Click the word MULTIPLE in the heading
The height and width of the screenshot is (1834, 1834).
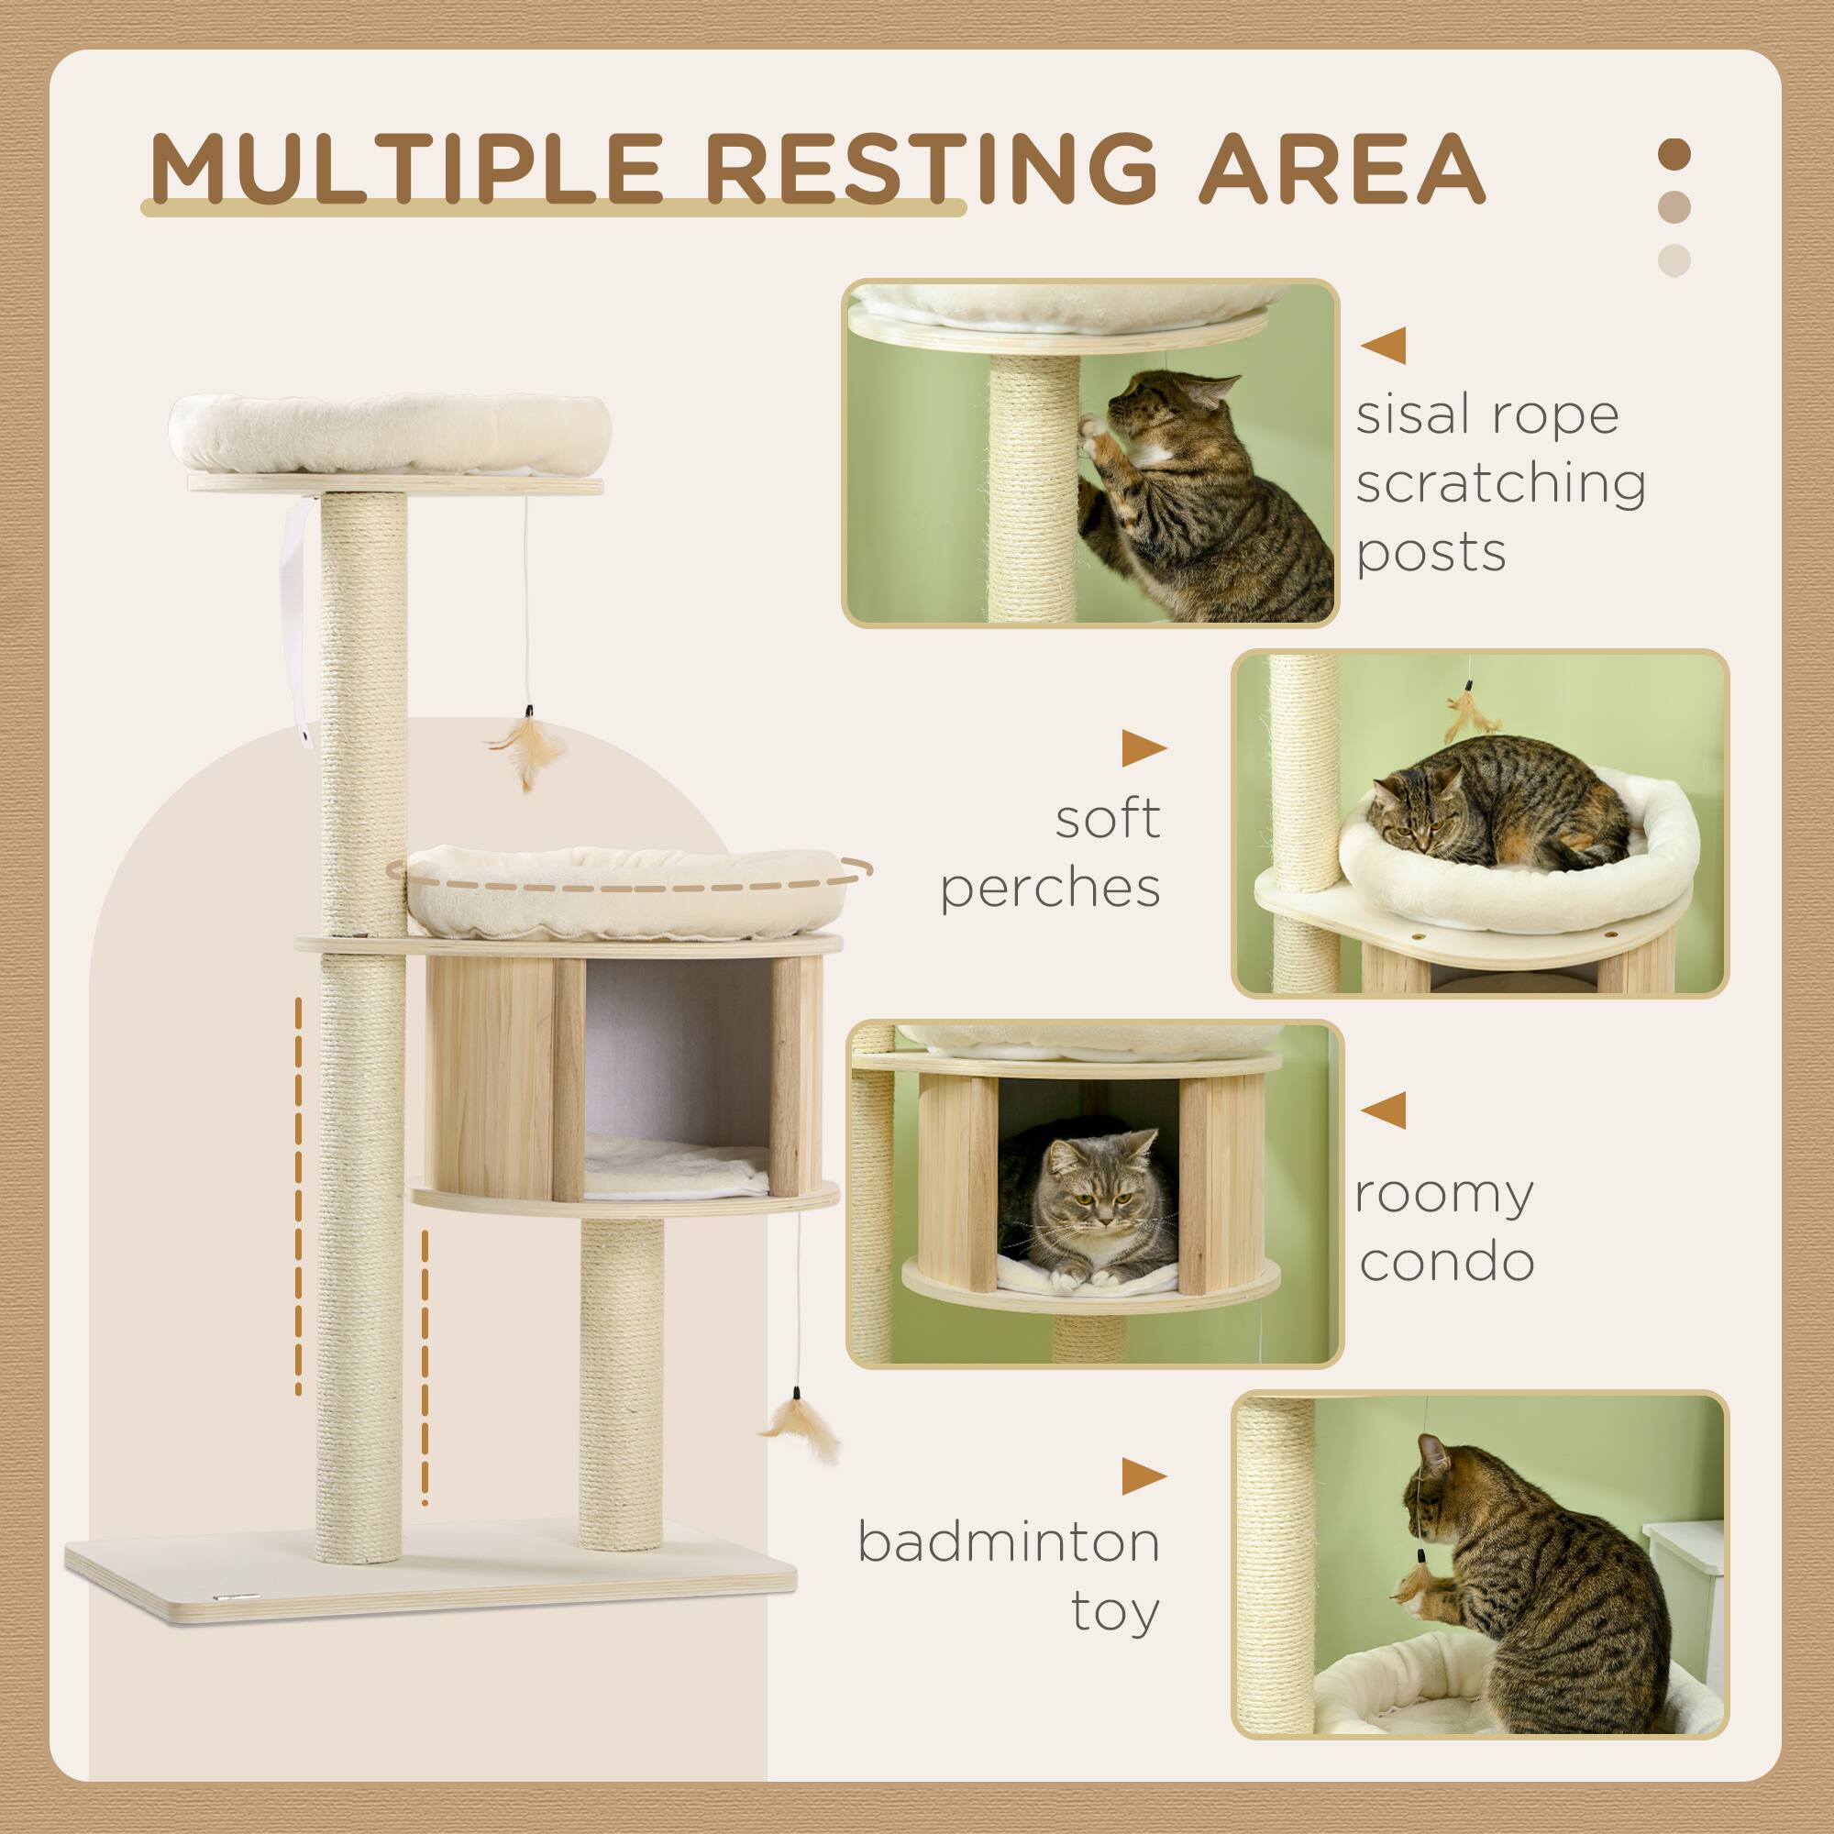click(403, 171)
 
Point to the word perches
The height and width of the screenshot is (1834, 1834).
click(1050, 889)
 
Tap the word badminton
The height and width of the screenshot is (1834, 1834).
click(1008, 1541)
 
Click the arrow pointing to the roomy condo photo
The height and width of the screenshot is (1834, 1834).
click(1383, 1109)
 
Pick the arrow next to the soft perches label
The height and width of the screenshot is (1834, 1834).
click(1143, 749)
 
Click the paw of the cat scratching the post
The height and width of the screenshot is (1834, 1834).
click(1095, 437)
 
